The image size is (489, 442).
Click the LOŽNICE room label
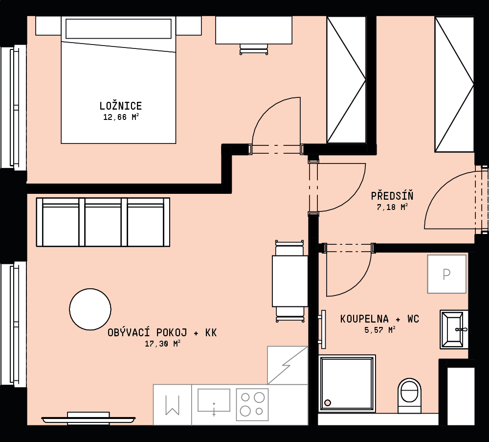click(x=121, y=106)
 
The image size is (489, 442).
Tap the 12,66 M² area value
click(x=121, y=117)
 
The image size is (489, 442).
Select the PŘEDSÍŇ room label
click(x=392, y=196)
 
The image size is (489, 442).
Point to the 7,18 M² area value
click(x=392, y=207)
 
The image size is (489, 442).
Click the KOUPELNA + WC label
click(x=379, y=319)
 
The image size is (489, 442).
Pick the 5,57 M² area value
click(x=380, y=329)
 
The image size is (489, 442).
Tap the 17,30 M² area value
click(x=162, y=344)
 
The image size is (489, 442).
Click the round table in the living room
click(x=90, y=309)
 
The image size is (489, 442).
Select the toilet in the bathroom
click(x=409, y=395)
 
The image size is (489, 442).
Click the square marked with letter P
click(x=446, y=274)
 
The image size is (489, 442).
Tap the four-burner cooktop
click(x=252, y=404)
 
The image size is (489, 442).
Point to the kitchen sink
click(x=214, y=400)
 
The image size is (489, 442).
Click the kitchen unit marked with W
click(x=172, y=404)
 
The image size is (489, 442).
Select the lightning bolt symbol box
click(x=288, y=365)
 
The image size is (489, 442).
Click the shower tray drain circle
click(x=328, y=403)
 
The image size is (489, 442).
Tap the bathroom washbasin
click(x=454, y=329)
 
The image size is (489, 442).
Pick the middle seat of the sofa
click(x=103, y=222)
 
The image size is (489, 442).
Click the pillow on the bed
click(x=118, y=29)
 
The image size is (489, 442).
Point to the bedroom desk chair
click(x=254, y=49)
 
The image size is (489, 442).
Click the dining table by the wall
click(x=290, y=281)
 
